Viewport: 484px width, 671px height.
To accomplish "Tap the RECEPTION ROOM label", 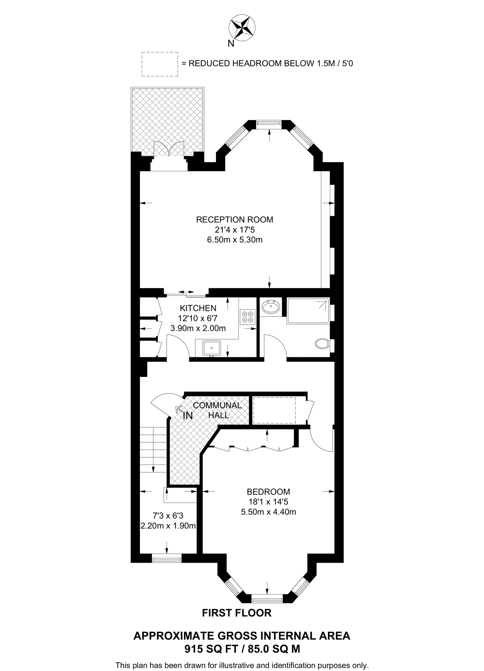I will coord(234,220).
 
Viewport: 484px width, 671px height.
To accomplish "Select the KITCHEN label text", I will coord(198,308).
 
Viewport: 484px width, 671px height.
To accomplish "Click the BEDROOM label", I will coord(268,492).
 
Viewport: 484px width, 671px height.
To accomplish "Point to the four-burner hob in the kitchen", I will coord(248,317).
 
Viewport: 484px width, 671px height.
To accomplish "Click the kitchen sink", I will coord(212,348).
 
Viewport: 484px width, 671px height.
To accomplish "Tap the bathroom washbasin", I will coord(271,307).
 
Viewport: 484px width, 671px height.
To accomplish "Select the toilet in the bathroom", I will coord(322,344).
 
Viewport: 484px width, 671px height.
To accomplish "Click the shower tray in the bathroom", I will coord(308,311).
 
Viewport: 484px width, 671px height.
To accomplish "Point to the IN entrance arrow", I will coord(179,409).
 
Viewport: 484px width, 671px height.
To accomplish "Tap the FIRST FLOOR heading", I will coord(237,613).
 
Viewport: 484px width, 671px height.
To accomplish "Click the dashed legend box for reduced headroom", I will coord(160,64).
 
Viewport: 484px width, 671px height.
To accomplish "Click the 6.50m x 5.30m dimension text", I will coord(234,240).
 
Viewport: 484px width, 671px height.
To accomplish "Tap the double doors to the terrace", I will coord(169,149).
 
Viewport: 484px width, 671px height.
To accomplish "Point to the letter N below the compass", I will coord(231,44).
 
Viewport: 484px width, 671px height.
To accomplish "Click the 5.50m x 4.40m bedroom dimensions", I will coord(268,512).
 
